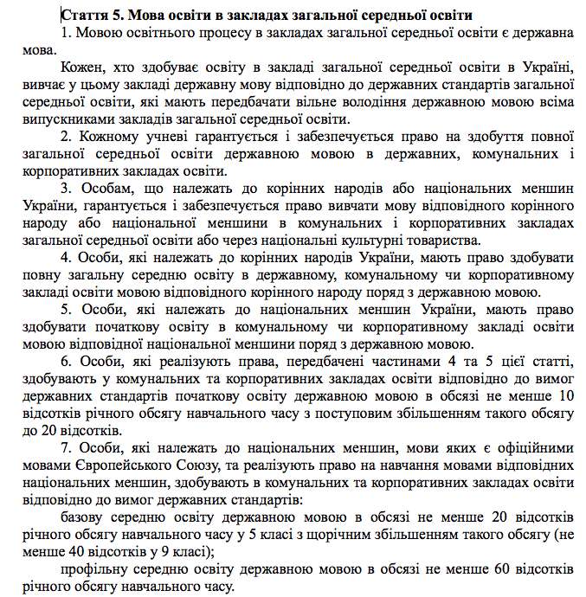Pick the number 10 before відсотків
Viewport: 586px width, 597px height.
coord(567,395)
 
